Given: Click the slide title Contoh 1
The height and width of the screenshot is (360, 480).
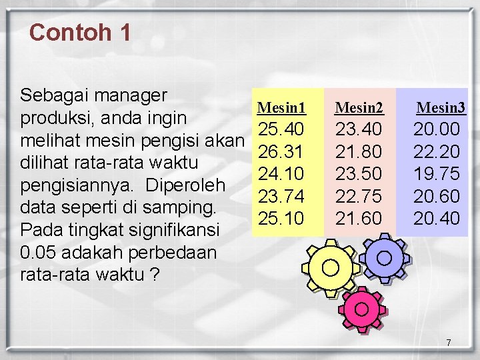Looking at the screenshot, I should click(80, 33).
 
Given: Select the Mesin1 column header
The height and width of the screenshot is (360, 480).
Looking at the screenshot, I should click(281, 107).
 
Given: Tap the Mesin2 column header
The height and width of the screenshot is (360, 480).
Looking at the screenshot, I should click(359, 107).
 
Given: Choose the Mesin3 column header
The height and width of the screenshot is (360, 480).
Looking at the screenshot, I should click(441, 107).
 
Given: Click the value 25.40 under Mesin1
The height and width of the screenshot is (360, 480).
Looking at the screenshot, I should click(281, 129).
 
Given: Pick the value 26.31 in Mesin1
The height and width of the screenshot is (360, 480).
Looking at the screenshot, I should click(281, 151).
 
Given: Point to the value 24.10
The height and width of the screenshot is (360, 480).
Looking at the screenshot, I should click(281, 174).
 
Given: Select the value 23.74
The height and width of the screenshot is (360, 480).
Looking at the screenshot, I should click(281, 196).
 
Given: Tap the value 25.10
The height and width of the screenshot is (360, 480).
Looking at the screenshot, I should click(281, 218).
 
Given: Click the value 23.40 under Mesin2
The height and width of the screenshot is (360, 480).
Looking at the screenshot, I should click(359, 129).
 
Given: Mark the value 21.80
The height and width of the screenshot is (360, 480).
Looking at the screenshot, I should click(359, 151).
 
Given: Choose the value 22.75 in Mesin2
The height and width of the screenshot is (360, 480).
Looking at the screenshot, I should click(359, 196).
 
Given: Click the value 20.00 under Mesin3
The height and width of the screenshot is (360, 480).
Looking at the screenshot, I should click(437, 129).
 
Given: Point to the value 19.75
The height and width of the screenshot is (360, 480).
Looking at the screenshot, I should click(437, 174).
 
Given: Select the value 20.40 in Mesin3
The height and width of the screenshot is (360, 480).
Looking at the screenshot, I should click(437, 218).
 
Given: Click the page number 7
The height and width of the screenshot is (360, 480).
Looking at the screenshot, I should click(449, 343).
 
